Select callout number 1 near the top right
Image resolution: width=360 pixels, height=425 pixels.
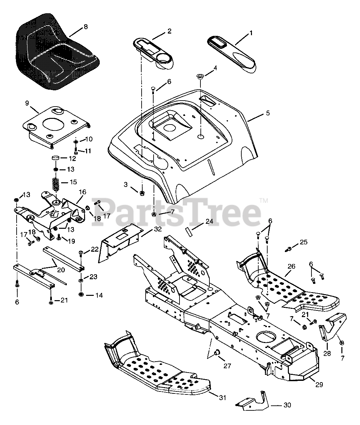point(251,33)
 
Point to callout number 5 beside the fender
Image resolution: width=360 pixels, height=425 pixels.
point(268,113)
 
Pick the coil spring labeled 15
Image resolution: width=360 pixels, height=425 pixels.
point(58,183)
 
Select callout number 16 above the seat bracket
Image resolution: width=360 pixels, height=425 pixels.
point(82,192)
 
